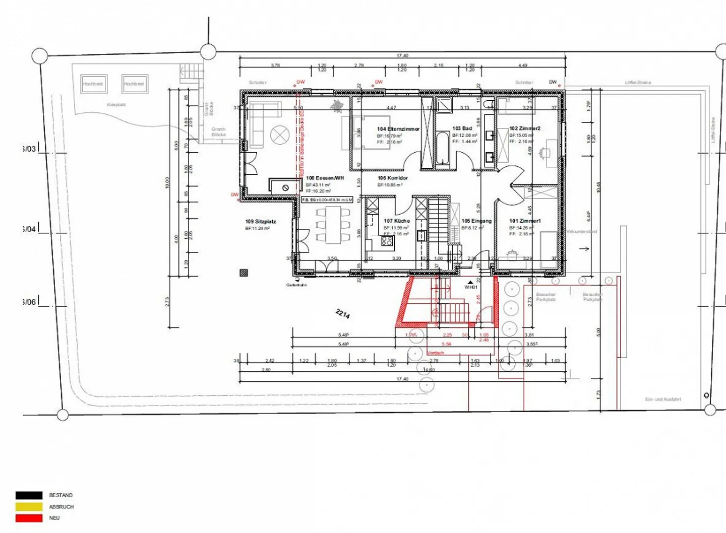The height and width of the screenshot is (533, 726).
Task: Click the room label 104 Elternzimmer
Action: (398, 129)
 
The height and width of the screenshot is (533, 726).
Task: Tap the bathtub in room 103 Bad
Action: (443, 148)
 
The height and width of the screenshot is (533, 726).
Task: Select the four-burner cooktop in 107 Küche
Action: (387, 241)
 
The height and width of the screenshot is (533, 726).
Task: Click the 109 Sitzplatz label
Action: (261, 222)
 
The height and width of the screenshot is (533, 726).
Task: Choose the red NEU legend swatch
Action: (29, 518)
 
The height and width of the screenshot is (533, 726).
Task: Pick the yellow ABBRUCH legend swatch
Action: (29, 507)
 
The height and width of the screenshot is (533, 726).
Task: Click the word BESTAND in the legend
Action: (61, 496)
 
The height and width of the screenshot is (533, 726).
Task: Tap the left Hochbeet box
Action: (93, 84)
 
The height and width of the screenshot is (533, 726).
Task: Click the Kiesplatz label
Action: (116, 105)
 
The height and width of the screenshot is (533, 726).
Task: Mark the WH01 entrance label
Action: (470, 287)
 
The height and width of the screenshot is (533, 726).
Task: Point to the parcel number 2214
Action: (342, 314)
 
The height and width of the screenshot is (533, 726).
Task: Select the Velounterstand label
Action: (581, 232)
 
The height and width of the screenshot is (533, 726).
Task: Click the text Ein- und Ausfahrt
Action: (662, 399)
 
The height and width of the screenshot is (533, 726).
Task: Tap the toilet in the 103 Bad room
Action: (489, 105)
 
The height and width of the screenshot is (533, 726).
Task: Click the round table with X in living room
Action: (278, 135)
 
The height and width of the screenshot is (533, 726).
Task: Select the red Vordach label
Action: (436, 353)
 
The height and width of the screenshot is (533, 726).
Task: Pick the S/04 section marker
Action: (29, 229)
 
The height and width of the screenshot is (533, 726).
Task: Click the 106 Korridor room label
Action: (393, 178)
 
